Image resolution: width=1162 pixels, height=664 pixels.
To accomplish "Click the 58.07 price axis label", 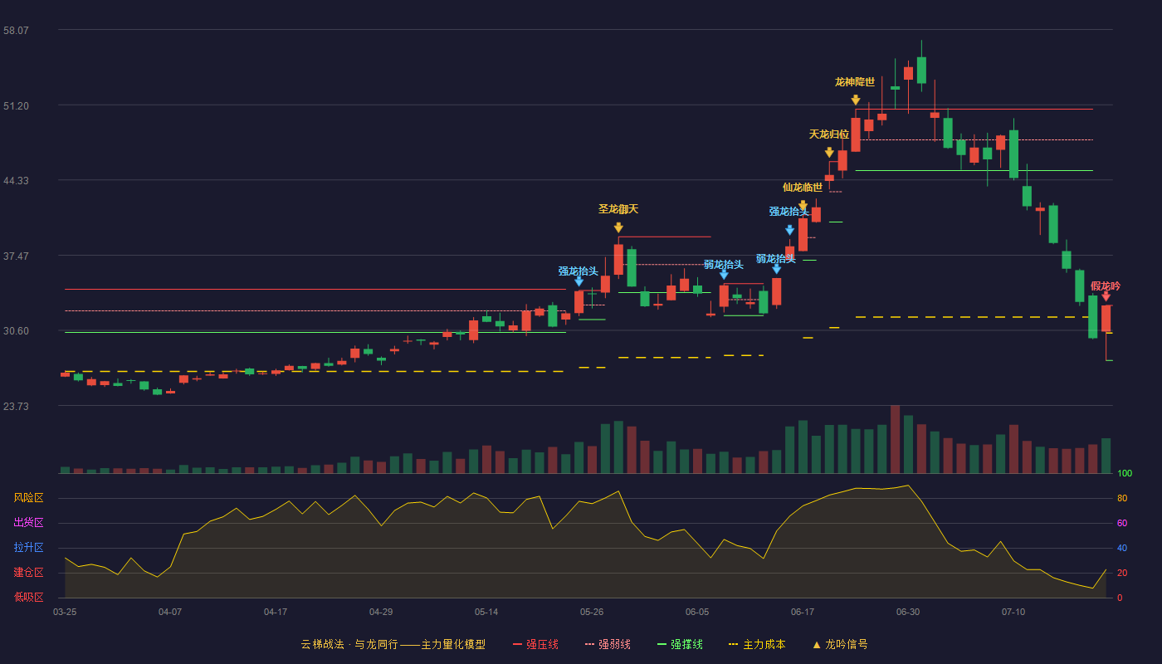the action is pos(16,31).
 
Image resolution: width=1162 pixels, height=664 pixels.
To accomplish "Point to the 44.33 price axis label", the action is pos(16,181).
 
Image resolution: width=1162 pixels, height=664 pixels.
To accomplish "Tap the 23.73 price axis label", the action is pos(16,407).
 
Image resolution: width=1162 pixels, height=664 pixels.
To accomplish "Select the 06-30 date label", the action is pos(908,613).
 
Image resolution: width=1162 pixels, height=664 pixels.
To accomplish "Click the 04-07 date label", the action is pos(170,613).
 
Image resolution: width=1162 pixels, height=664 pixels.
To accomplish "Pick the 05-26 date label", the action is pos(592,613).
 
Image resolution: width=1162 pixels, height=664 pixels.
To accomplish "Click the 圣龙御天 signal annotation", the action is pos(618,209).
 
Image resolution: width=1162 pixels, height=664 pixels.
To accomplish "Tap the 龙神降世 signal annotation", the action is pos(855,82).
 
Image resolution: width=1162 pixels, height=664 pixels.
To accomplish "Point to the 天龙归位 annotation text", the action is pos(829,134).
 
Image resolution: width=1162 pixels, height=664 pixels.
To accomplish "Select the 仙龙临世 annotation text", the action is pos(803,188).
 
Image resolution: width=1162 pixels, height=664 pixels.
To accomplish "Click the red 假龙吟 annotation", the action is pos(1106,286).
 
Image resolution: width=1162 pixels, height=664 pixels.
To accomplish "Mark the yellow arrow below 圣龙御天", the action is pos(618,227).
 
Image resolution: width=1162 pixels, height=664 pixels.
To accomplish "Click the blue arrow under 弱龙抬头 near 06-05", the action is pos(724,275).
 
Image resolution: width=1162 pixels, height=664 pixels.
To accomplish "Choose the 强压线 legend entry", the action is pos(535,644).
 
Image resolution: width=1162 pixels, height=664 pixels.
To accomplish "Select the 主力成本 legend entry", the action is pos(757,644).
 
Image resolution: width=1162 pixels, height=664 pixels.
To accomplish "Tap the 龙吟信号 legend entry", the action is pos(840,644).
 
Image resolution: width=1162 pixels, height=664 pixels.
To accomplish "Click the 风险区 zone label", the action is pos(28,498).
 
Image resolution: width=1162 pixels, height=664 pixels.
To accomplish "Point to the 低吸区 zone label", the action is pos(28,598).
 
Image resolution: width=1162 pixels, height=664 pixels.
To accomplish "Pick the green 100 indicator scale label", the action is pos(1125,473).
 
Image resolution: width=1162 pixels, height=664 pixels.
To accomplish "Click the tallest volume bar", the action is pos(895,439).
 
